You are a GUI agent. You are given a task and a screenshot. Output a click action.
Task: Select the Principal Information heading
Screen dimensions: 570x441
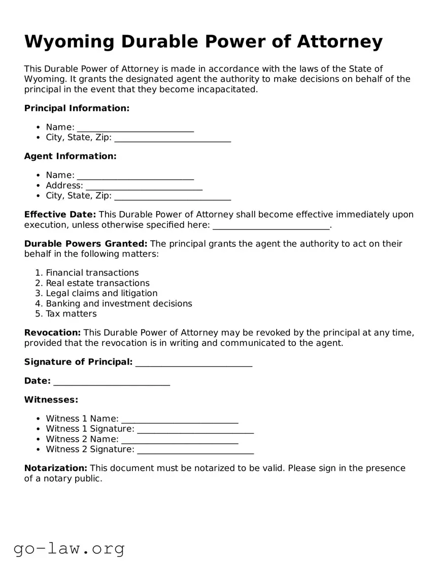coord(77,108)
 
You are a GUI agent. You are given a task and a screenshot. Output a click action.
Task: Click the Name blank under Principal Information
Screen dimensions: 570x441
coord(135,128)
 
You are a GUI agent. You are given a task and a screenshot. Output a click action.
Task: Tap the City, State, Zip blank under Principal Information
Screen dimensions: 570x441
coord(173,138)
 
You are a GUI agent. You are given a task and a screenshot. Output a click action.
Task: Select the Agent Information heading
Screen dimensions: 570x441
coord(70,156)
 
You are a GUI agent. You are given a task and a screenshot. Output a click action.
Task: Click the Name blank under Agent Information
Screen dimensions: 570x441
coord(135,175)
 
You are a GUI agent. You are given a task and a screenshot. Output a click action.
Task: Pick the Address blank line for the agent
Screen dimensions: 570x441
coord(144,186)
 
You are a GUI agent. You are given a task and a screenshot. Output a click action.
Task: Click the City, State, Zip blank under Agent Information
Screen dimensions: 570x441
coord(173,196)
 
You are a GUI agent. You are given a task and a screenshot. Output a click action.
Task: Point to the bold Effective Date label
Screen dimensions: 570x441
coord(60,215)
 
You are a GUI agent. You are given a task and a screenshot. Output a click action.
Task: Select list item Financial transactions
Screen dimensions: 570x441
coord(92,273)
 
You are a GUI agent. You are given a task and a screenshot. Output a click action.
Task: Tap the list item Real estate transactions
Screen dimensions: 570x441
coord(97,283)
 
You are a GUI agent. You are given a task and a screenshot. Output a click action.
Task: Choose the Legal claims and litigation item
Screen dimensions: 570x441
coord(101,293)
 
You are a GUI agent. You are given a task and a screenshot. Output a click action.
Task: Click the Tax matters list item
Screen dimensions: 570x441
coord(71,313)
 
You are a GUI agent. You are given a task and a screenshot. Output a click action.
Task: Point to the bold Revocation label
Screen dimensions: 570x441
coord(52,333)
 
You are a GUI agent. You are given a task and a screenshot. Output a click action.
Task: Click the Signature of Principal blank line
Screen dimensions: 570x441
coord(194,362)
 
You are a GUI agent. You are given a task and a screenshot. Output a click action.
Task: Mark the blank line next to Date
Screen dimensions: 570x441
coord(111,381)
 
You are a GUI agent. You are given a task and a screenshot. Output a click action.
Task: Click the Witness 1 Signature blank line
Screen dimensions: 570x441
coord(195,429)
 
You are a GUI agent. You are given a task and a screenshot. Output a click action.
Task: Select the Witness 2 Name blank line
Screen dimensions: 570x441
coord(180,439)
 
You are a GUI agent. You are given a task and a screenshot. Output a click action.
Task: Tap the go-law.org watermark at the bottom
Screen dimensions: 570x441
coord(69,548)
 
